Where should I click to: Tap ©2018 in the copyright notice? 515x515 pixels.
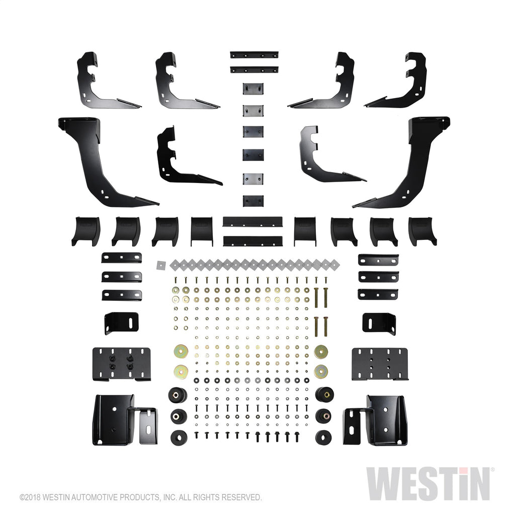pos(30,497)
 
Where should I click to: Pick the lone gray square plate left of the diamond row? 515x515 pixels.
pos(161,265)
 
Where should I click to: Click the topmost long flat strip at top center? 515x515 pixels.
pos(254,54)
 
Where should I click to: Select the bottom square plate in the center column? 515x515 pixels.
pos(253,201)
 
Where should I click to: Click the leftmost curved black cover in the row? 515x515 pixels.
pos(86,231)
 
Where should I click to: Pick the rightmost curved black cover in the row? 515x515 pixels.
pos(422,231)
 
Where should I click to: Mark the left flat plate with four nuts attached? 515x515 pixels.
pos(122,364)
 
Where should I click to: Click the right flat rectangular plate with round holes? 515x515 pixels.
pos(380,364)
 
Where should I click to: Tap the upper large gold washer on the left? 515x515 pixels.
pos(181,352)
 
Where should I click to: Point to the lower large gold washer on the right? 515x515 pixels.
pos(321,372)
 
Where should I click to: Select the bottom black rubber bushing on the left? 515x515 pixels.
pos(179,438)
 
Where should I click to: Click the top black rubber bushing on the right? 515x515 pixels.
pos(324,394)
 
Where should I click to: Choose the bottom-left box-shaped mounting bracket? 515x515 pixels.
pos(125,420)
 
